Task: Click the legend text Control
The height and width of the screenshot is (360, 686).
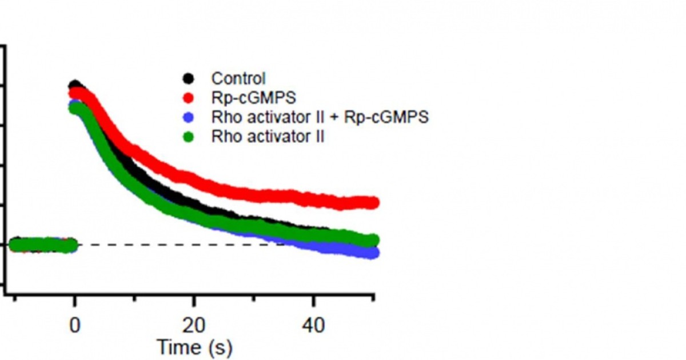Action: [x=238, y=78]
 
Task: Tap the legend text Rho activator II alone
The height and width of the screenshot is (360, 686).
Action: [x=268, y=137]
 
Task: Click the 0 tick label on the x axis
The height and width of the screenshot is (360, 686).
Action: [x=74, y=326]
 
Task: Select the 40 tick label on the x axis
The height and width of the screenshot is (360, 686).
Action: [x=313, y=326]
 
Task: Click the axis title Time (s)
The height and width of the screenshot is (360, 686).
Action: [x=194, y=347]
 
